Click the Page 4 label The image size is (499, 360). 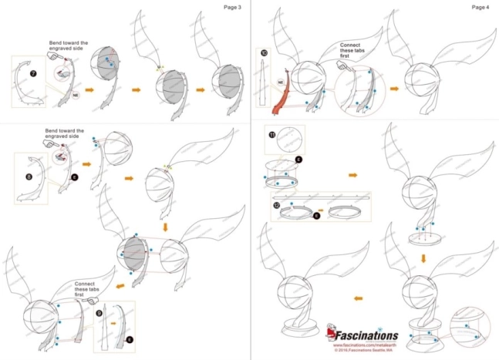tap(480, 7)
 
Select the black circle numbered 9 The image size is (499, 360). tap(98, 314)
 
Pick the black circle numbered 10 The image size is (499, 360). tap(264, 53)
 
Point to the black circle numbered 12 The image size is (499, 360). tap(276, 207)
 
